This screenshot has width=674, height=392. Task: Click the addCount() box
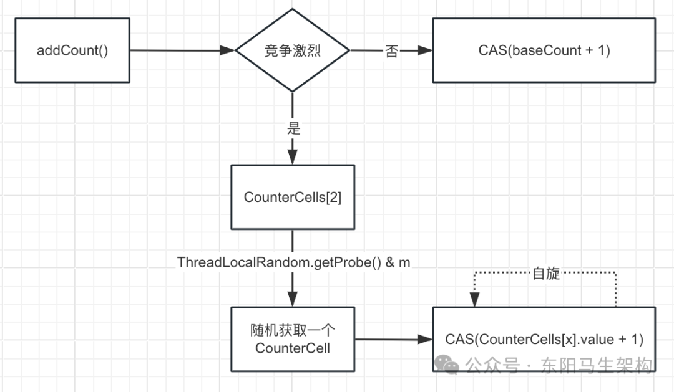(x=72, y=50)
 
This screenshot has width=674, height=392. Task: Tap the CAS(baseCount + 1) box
(x=544, y=50)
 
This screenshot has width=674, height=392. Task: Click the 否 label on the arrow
(x=391, y=51)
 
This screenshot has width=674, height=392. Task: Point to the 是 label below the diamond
(x=293, y=129)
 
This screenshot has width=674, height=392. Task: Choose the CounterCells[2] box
(x=293, y=197)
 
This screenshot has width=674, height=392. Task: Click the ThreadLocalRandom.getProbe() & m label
(x=294, y=262)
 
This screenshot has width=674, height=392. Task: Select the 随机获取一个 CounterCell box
(x=293, y=338)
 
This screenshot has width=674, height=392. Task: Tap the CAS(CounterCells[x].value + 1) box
(x=544, y=340)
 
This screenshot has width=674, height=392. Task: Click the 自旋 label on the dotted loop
(x=545, y=273)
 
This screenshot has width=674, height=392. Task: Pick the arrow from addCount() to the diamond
(x=181, y=50)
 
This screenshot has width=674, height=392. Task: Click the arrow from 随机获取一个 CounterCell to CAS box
(x=393, y=340)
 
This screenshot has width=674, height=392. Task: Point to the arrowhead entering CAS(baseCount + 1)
(x=427, y=51)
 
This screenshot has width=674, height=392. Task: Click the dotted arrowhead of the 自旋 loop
(x=474, y=301)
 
